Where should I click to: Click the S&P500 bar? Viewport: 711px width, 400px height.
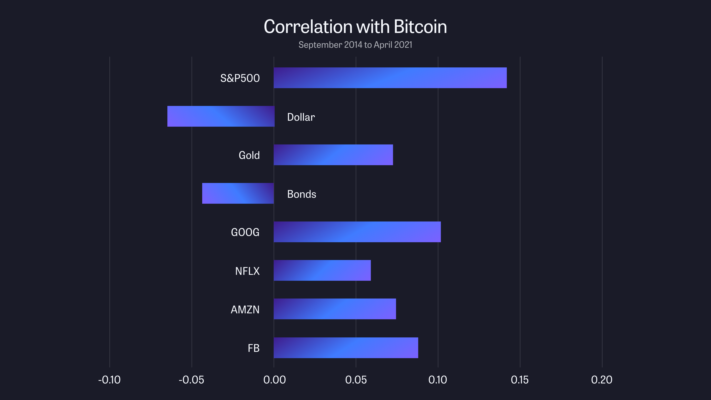coord(390,78)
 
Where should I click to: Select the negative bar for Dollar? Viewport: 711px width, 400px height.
coord(221,116)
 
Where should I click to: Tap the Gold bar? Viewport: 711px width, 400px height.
coord(333,155)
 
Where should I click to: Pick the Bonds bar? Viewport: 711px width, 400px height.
coord(238,193)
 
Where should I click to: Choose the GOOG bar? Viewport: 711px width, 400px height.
coord(357,232)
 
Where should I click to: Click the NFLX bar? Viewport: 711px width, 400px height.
coord(322,270)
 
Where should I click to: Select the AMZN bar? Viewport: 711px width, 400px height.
coord(335,309)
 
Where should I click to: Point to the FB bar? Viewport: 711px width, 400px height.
coord(346,348)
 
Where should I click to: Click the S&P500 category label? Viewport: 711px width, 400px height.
coord(240,78)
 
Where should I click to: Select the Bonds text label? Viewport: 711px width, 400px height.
coord(301,194)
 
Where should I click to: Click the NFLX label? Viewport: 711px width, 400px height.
coord(247,271)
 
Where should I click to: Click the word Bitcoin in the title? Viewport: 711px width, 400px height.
coord(420,27)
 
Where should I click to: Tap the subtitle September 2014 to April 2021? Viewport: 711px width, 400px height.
coord(355,45)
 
